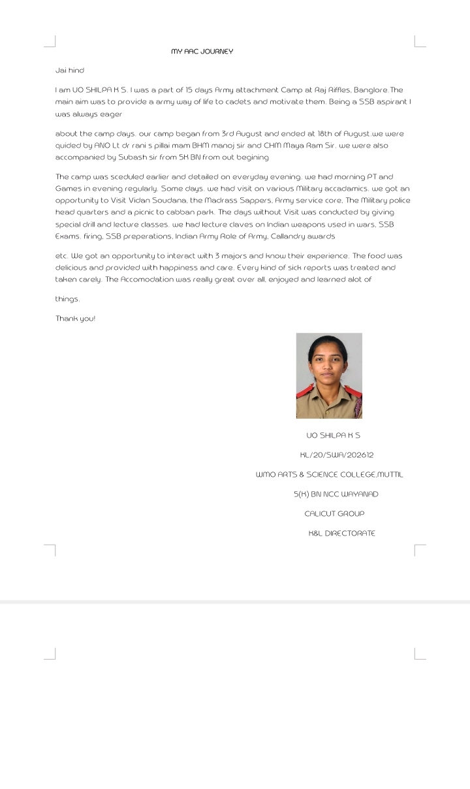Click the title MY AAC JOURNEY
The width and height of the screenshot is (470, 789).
202,52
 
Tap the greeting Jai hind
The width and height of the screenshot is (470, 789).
70,71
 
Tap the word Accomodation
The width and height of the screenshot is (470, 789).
148,280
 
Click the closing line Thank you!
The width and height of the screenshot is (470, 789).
75,318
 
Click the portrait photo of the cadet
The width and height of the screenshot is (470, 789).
329,376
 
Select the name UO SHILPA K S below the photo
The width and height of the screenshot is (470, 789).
333,435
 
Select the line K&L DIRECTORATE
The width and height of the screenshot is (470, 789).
341,534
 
